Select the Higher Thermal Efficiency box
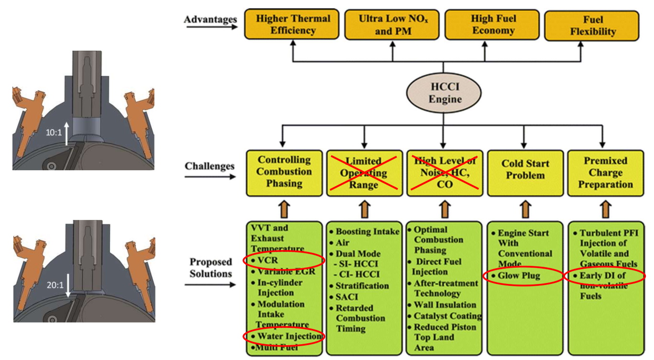(x=292, y=25)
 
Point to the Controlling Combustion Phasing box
(x=284, y=172)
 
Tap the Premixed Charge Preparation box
(x=605, y=173)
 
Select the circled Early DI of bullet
(x=605, y=276)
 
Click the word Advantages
(x=211, y=20)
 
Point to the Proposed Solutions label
(x=211, y=268)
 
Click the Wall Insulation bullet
(x=444, y=305)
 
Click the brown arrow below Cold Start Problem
(x=526, y=209)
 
